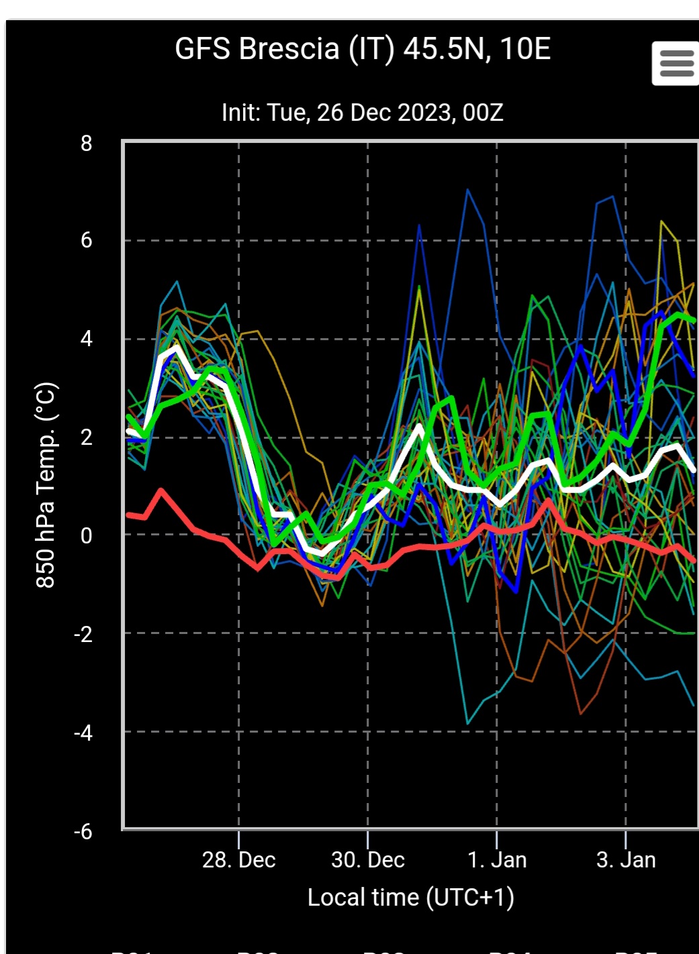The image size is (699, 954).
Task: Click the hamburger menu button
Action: click(x=675, y=63)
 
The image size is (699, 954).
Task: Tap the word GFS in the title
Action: click(x=202, y=49)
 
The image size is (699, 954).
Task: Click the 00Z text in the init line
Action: click(x=483, y=112)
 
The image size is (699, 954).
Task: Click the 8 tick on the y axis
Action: click(x=86, y=143)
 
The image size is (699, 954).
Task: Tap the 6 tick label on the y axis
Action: click(x=86, y=240)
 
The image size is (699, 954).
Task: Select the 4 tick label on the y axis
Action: click(x=86, y=339)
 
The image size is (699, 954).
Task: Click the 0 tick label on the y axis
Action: click(x=86, y=535)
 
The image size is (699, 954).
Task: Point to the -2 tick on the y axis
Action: click(x=83, y=634)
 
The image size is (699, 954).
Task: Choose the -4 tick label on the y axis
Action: click(x=83, y=733)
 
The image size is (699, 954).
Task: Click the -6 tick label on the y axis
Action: click(x=83, y=832)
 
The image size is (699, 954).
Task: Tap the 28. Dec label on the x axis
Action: click(x=239, y=859)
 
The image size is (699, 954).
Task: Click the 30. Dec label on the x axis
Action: click(x=368, y=859)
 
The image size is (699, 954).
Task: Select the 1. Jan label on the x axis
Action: click(x=497, y=859)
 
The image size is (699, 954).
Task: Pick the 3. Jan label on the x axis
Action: click(x=626, y=859)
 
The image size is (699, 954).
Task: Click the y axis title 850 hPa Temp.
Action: click(x=46, y=485)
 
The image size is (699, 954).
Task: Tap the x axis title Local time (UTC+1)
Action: click(x=410, y=897)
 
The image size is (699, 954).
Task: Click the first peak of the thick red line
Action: click(x=161, y=491)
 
